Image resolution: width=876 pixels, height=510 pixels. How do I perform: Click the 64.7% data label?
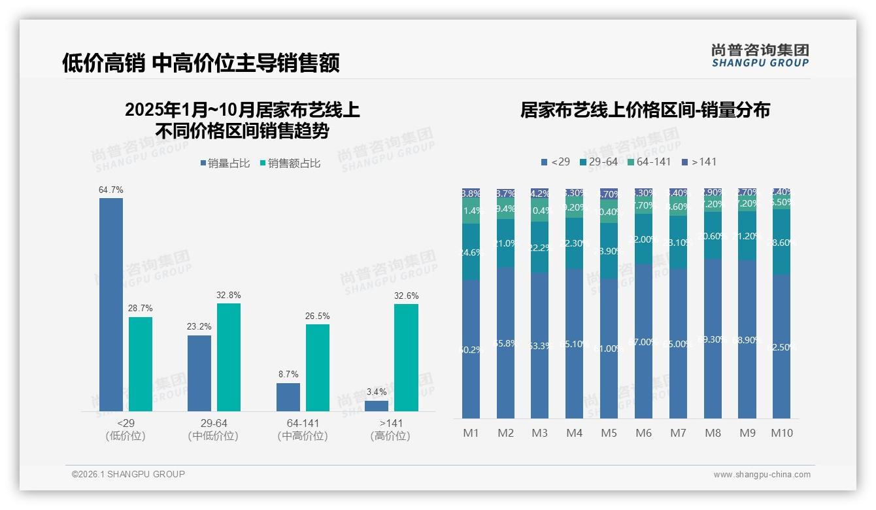[110, 190]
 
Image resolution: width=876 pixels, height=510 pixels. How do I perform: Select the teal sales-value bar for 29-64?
[228, 357]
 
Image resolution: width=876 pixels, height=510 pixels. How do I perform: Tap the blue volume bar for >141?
[376, 406]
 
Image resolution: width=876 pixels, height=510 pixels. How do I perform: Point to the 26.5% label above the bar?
[317, 316]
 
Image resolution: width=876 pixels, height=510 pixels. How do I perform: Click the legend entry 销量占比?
[224, 163]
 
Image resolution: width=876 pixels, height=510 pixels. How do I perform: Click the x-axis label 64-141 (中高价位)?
[303, 430]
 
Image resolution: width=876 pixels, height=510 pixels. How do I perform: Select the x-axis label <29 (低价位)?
[125, 430]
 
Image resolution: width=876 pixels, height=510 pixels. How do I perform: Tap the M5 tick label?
[609, 433]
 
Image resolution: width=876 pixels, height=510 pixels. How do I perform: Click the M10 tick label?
[781, 433]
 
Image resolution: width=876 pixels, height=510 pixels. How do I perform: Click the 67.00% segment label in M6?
[644, 341]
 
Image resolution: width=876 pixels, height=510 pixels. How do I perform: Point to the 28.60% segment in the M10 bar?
[782, 242]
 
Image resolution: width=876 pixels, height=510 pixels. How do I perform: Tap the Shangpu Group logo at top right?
[760, 55]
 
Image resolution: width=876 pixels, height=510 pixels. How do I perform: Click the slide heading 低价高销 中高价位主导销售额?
[201, 63]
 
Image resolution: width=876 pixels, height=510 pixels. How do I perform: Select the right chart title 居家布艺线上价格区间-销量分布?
[645, 110]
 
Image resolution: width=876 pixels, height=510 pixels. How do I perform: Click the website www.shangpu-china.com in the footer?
[762, 475]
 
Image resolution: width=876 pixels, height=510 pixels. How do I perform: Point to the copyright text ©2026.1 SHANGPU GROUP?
[128, 474]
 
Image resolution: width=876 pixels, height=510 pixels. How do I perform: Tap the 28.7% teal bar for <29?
[141, 364]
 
